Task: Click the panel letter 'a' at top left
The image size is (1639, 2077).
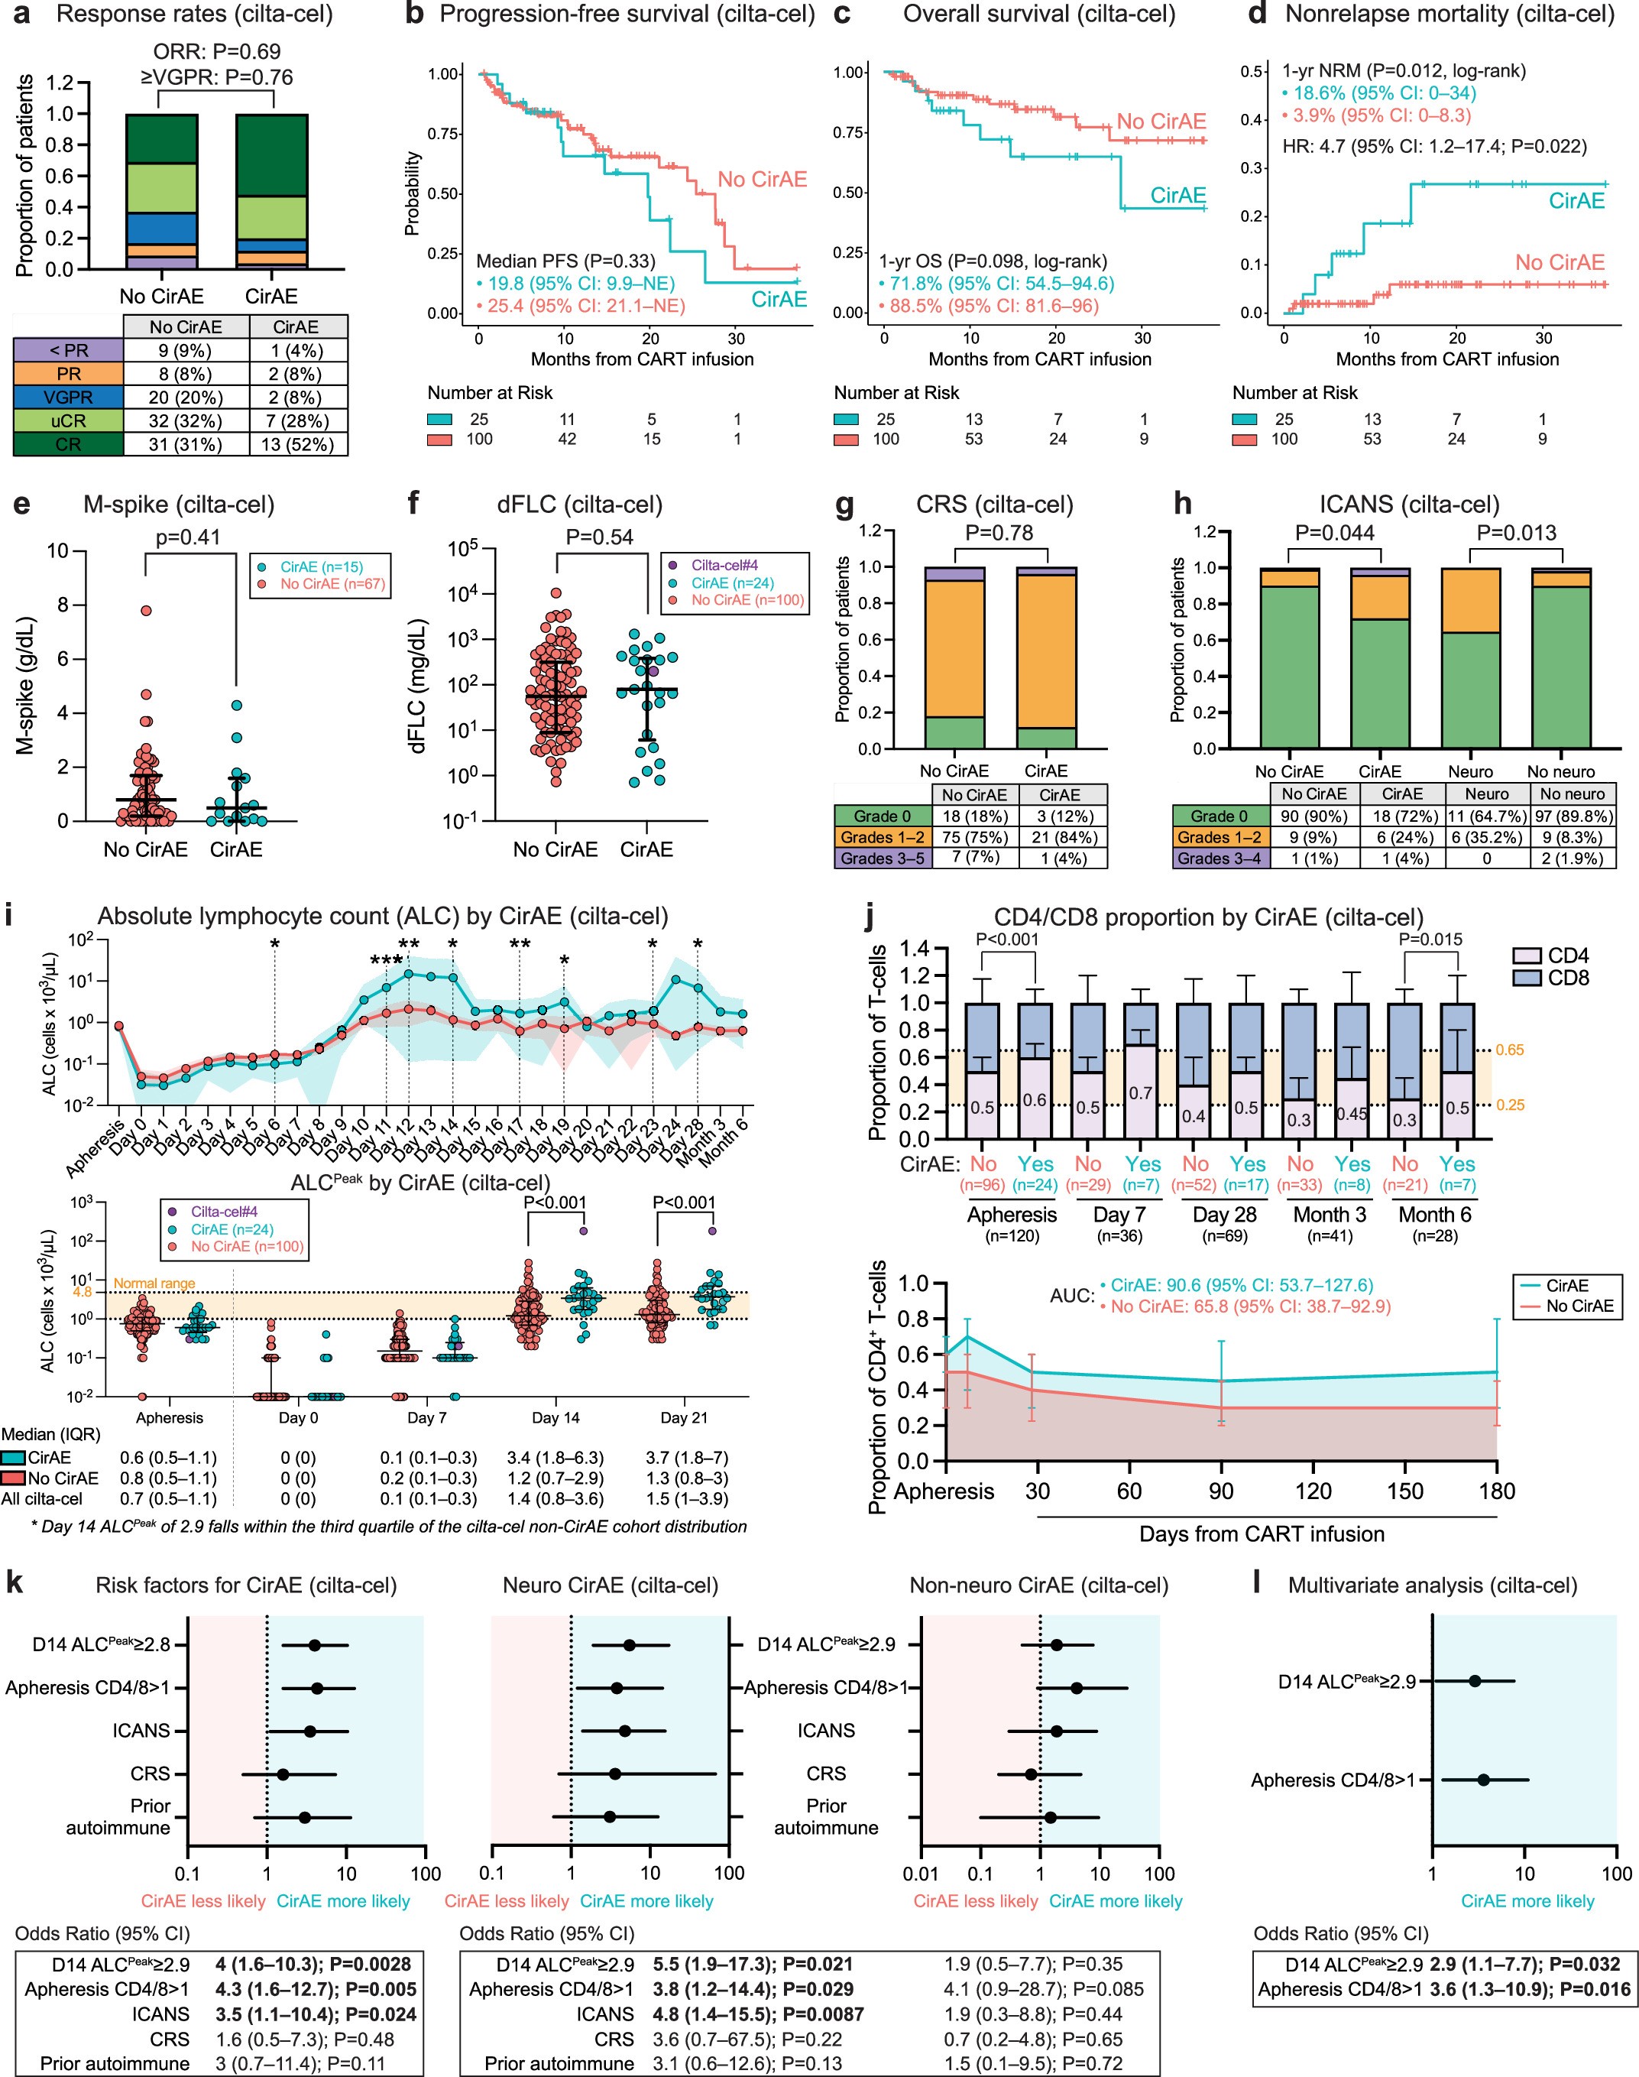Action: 21,15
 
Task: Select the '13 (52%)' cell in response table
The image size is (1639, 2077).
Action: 296,444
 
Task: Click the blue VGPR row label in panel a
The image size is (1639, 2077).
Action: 68,398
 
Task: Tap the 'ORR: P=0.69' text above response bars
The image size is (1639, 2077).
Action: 217,52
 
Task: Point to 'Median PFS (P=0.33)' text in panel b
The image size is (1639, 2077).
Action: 565,261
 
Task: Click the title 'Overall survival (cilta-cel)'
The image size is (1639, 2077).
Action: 1038,15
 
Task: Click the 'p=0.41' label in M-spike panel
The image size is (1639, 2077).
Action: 188,537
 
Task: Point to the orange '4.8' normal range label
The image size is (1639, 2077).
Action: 83,1292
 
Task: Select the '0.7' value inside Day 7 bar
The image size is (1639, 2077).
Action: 1140,1093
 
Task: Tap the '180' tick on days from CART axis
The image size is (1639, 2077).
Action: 1496,1491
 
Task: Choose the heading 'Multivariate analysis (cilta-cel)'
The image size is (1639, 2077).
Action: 1432,1585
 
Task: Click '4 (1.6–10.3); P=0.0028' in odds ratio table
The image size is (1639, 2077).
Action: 313,1964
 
